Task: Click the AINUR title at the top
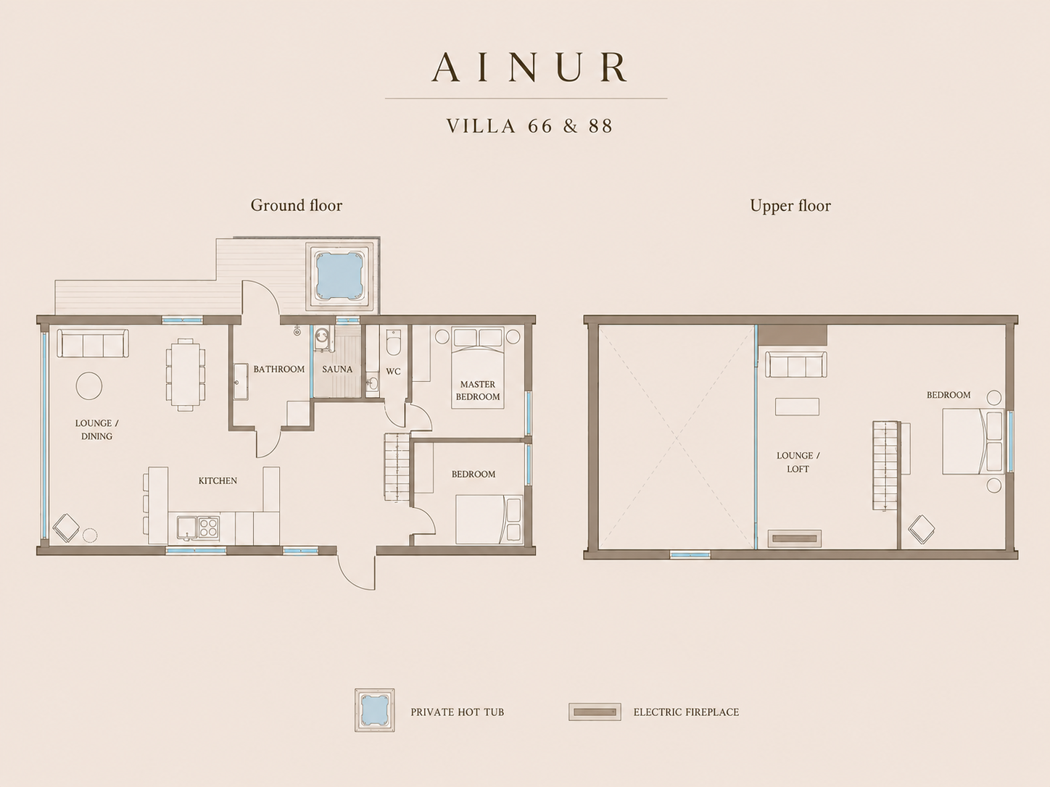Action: [529, 67]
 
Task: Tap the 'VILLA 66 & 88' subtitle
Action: [529, 126]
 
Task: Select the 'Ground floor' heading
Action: [297, 206]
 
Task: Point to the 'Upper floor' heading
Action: [790, 206]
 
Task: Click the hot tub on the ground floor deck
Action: [339, 275]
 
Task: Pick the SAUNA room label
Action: [337, 370]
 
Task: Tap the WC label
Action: [393, 371]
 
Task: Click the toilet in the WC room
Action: [393, 342]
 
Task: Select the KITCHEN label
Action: [218, 480]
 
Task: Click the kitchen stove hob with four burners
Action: [209, 528]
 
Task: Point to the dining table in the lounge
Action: [186, 375]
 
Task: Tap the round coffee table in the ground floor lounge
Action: [89, 386]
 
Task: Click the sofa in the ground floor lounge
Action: [93, 343]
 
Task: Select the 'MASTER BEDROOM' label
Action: [478, 391]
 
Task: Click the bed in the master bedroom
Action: [478, 367]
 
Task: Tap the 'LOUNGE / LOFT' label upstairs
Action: [798, 462]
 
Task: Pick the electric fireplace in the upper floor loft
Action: [795, 538]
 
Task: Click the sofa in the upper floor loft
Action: [796, 365]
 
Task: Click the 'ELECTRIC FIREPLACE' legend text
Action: [687, 712]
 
